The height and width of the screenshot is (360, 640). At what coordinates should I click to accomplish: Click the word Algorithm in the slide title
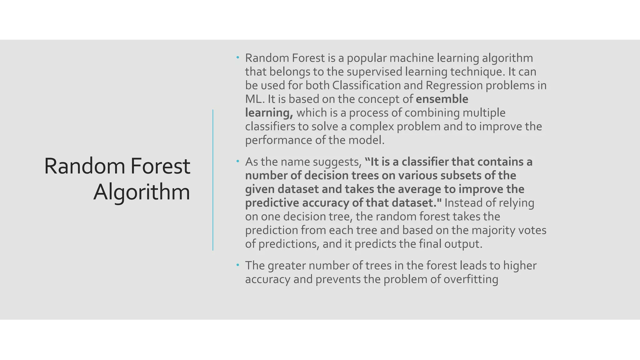point(142,192)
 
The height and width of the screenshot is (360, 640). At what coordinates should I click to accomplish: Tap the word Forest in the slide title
point(160,166)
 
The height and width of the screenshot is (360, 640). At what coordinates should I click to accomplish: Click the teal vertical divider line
point(213,180)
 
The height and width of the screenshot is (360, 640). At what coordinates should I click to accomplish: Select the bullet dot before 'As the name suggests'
point(238,162)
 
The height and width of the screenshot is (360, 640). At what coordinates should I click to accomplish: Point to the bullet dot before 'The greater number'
point(238,265)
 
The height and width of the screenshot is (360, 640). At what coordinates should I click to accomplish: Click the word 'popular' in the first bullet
point(366,58)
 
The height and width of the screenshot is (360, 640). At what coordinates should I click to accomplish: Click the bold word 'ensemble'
point(442,99)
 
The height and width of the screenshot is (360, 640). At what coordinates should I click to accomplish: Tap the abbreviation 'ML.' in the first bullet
point(255,99)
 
